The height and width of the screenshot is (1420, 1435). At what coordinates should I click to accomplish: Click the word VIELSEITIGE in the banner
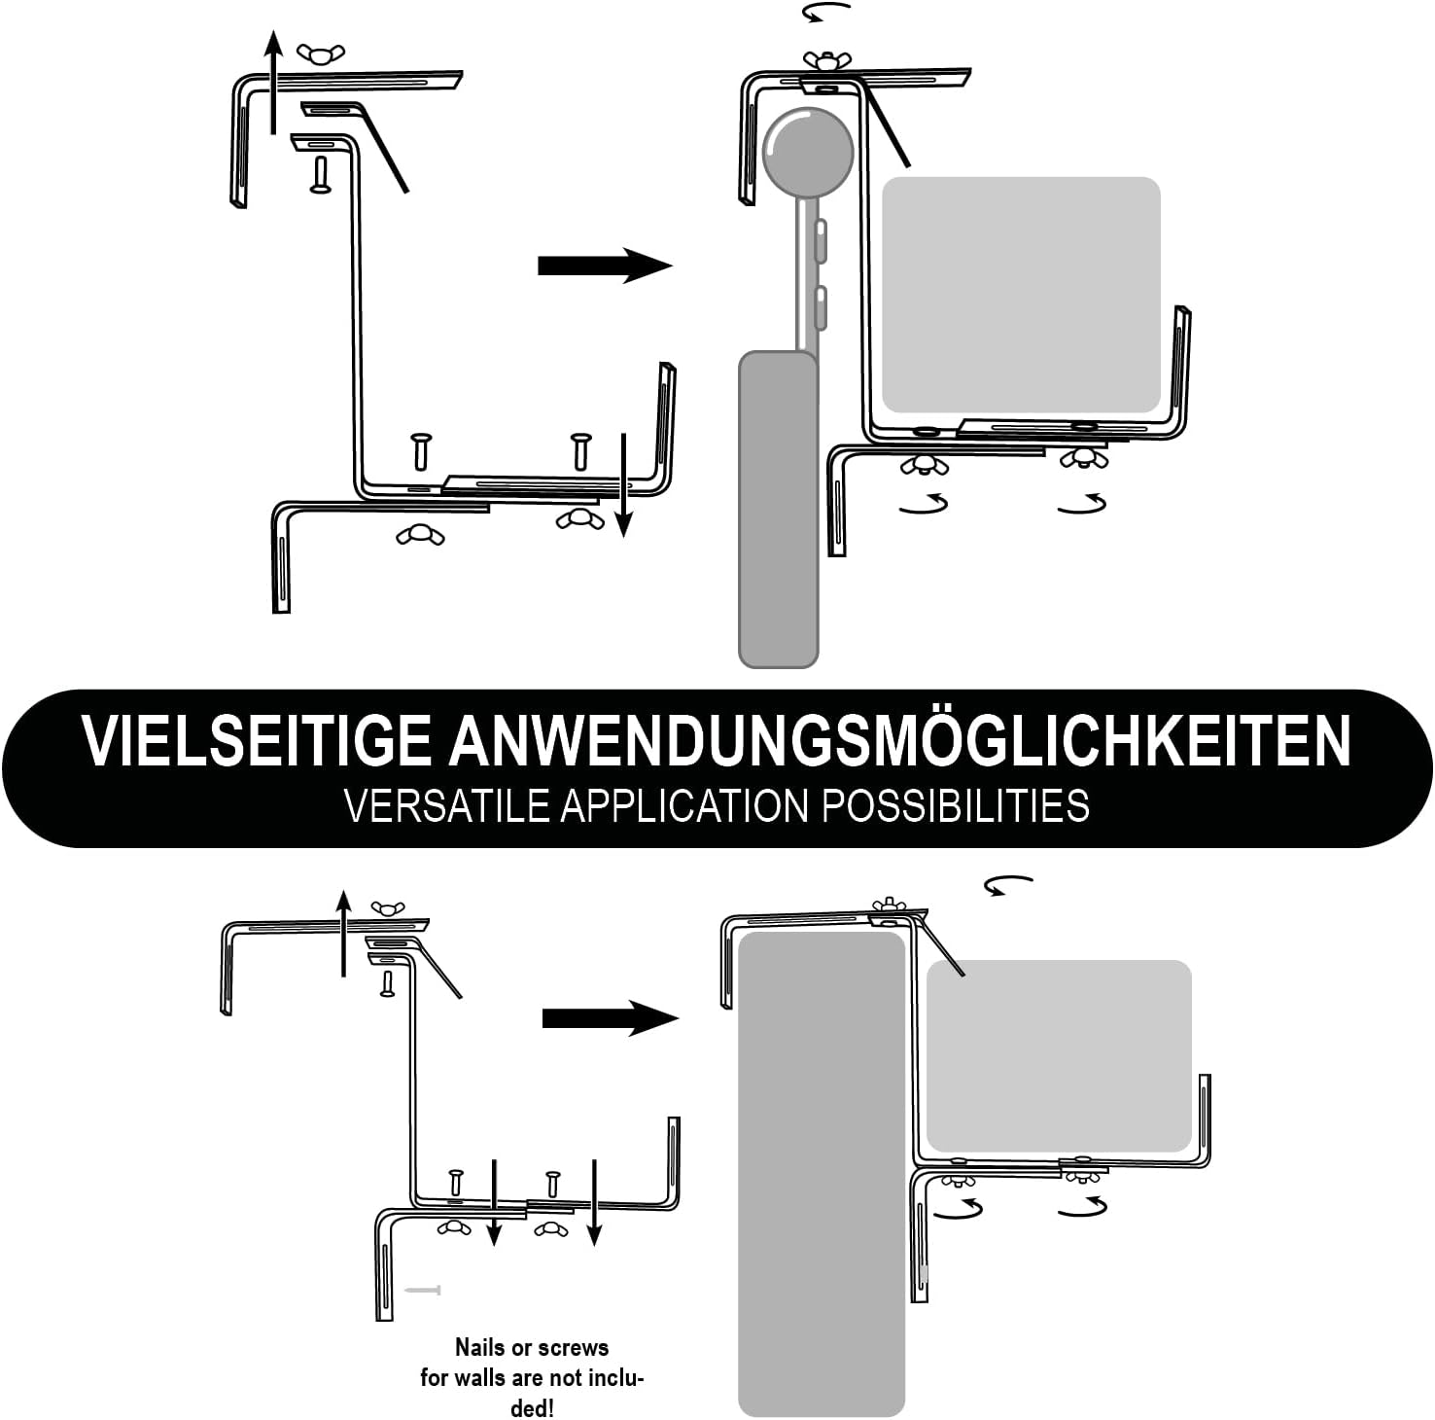pyautogui.click(x=257, y=741)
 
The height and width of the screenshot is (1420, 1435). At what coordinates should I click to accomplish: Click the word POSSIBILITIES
pyautogui.click(x=957, y=806)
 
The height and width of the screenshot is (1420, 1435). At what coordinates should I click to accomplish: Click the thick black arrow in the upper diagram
pyautogui.click(x=605, y=266)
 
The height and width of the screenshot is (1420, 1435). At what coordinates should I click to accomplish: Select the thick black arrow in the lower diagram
pyautogui.click(x=610, y=1018)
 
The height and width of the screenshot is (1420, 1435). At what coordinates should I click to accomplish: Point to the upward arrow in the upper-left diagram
pyautogui.click(x=274, y=82)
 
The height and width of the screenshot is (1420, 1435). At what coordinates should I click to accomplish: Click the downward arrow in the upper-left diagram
pyautogui.click(x=624, y=484)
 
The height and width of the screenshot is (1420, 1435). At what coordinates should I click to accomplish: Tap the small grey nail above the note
pyautogui.click(x=423, y=1291)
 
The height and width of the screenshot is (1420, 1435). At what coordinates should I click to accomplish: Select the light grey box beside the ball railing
pyautogui.click(x=1021, y=295)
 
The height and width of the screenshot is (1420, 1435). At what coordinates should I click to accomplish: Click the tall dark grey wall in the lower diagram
pyautogui.click(x=822, y=1174)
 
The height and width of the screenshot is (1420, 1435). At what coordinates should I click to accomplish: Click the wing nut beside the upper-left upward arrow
pyautogui.click(x=318, y=53)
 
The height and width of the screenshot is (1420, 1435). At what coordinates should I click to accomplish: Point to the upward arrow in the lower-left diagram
pyautogui.click(x=343, y=931)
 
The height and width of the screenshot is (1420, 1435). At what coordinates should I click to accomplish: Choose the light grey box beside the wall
pyautogui.click(x=1059, y=1056)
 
